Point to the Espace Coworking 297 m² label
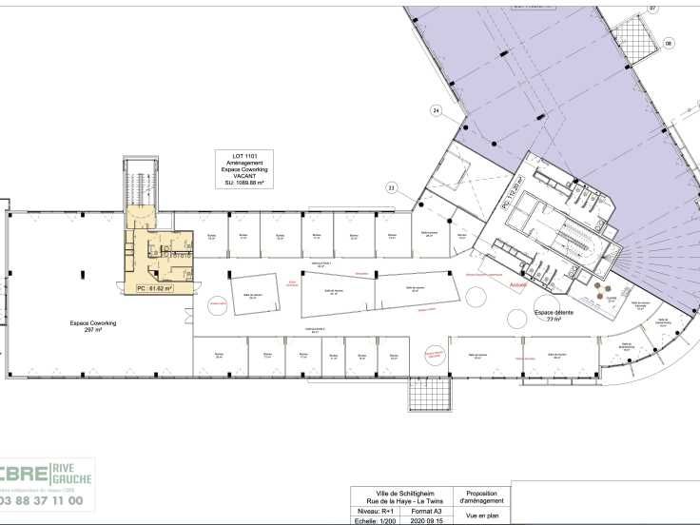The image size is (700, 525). (x=93, y=326)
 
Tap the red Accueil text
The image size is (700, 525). (x=518, y=283)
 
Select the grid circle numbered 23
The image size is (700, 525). (x=391, y=187)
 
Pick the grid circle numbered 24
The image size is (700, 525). (x=437, y=111)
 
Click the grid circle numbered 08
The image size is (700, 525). (x=669, y=43)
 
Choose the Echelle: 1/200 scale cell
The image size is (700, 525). (x=377, y=519)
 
